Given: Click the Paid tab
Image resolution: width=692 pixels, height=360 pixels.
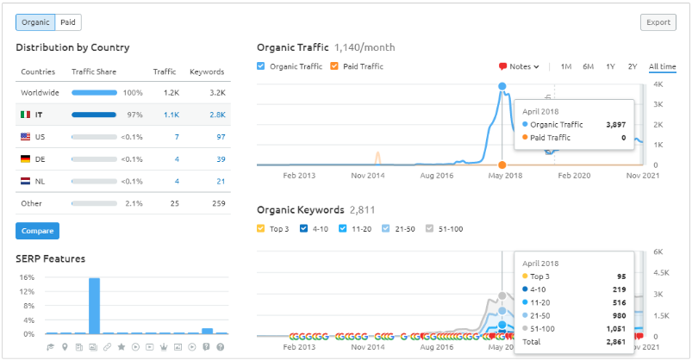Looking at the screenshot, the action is tap(68, 22).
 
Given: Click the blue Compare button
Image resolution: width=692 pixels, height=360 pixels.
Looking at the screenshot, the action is tap(38, 231).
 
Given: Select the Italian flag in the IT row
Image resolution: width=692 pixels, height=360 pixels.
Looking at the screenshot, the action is tap(26, 115).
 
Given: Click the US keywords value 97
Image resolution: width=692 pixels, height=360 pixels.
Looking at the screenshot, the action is tap(221, 137).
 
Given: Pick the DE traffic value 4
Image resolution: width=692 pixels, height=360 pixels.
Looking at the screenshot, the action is tap(177, 159).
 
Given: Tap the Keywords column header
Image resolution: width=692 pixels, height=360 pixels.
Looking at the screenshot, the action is tap(207, 71).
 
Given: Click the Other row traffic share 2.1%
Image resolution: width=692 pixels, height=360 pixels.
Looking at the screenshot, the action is tap(134, 203).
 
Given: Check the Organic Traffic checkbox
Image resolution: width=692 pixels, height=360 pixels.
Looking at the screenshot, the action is tap(261, 66).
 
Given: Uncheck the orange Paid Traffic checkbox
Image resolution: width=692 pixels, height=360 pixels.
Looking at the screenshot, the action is tap(334, 66).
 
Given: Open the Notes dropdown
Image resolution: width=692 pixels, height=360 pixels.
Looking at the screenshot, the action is tap(519, 66).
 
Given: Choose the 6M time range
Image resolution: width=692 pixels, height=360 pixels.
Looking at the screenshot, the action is tap(588, 66).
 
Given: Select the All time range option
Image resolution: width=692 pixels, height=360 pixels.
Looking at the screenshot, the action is tap(662, 66).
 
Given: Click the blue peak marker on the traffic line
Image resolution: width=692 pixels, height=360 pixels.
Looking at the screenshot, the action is tap(502, 86).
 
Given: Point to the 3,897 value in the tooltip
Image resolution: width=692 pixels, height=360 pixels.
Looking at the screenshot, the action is tap(615, 125).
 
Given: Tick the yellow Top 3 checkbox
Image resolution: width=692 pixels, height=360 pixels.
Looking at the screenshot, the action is tap(261, 228).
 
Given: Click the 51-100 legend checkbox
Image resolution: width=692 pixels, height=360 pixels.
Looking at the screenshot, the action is tap(429, 228).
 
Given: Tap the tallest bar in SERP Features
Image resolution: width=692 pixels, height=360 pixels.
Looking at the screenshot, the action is tap(94, 306).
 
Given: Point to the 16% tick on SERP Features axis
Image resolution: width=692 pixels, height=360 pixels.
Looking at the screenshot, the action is tap(27, 277).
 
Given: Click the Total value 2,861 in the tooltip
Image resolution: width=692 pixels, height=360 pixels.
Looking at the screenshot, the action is tap(615, 342).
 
